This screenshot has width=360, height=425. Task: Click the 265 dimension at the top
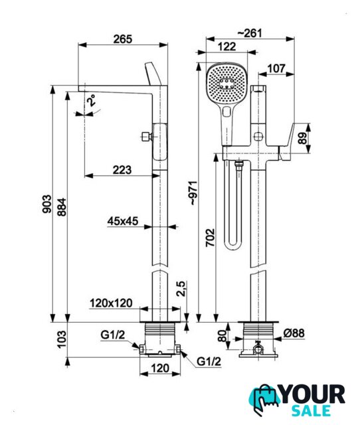[x=122, y=39]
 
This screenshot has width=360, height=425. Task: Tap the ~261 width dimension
[x=250, y=33]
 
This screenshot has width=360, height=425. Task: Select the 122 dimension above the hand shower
[x=227, y=46]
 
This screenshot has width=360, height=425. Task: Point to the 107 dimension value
[x=276, y=68]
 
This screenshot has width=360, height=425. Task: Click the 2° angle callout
[x=91, y=100]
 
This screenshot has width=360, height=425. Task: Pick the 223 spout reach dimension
[x=122, y=170]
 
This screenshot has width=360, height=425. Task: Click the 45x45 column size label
[x=122, y=221]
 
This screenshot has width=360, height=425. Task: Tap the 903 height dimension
[x=47, y=204]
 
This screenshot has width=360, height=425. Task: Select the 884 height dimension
[x=62, y=207]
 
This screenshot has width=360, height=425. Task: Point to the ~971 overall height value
[x=194, y=193]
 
